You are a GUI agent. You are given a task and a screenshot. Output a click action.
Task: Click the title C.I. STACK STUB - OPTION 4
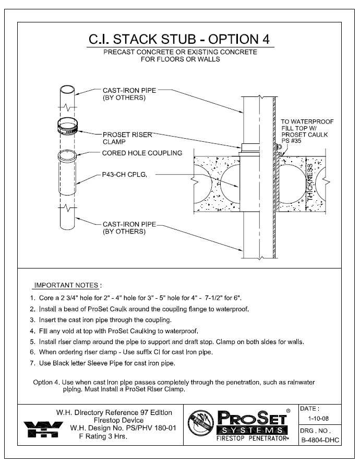click(179, 40)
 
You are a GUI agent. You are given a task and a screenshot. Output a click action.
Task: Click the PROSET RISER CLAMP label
click(127, 138)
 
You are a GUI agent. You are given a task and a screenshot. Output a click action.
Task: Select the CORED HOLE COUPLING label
click(141, 153)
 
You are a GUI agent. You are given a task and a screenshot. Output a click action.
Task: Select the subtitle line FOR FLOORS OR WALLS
click(179, 59)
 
